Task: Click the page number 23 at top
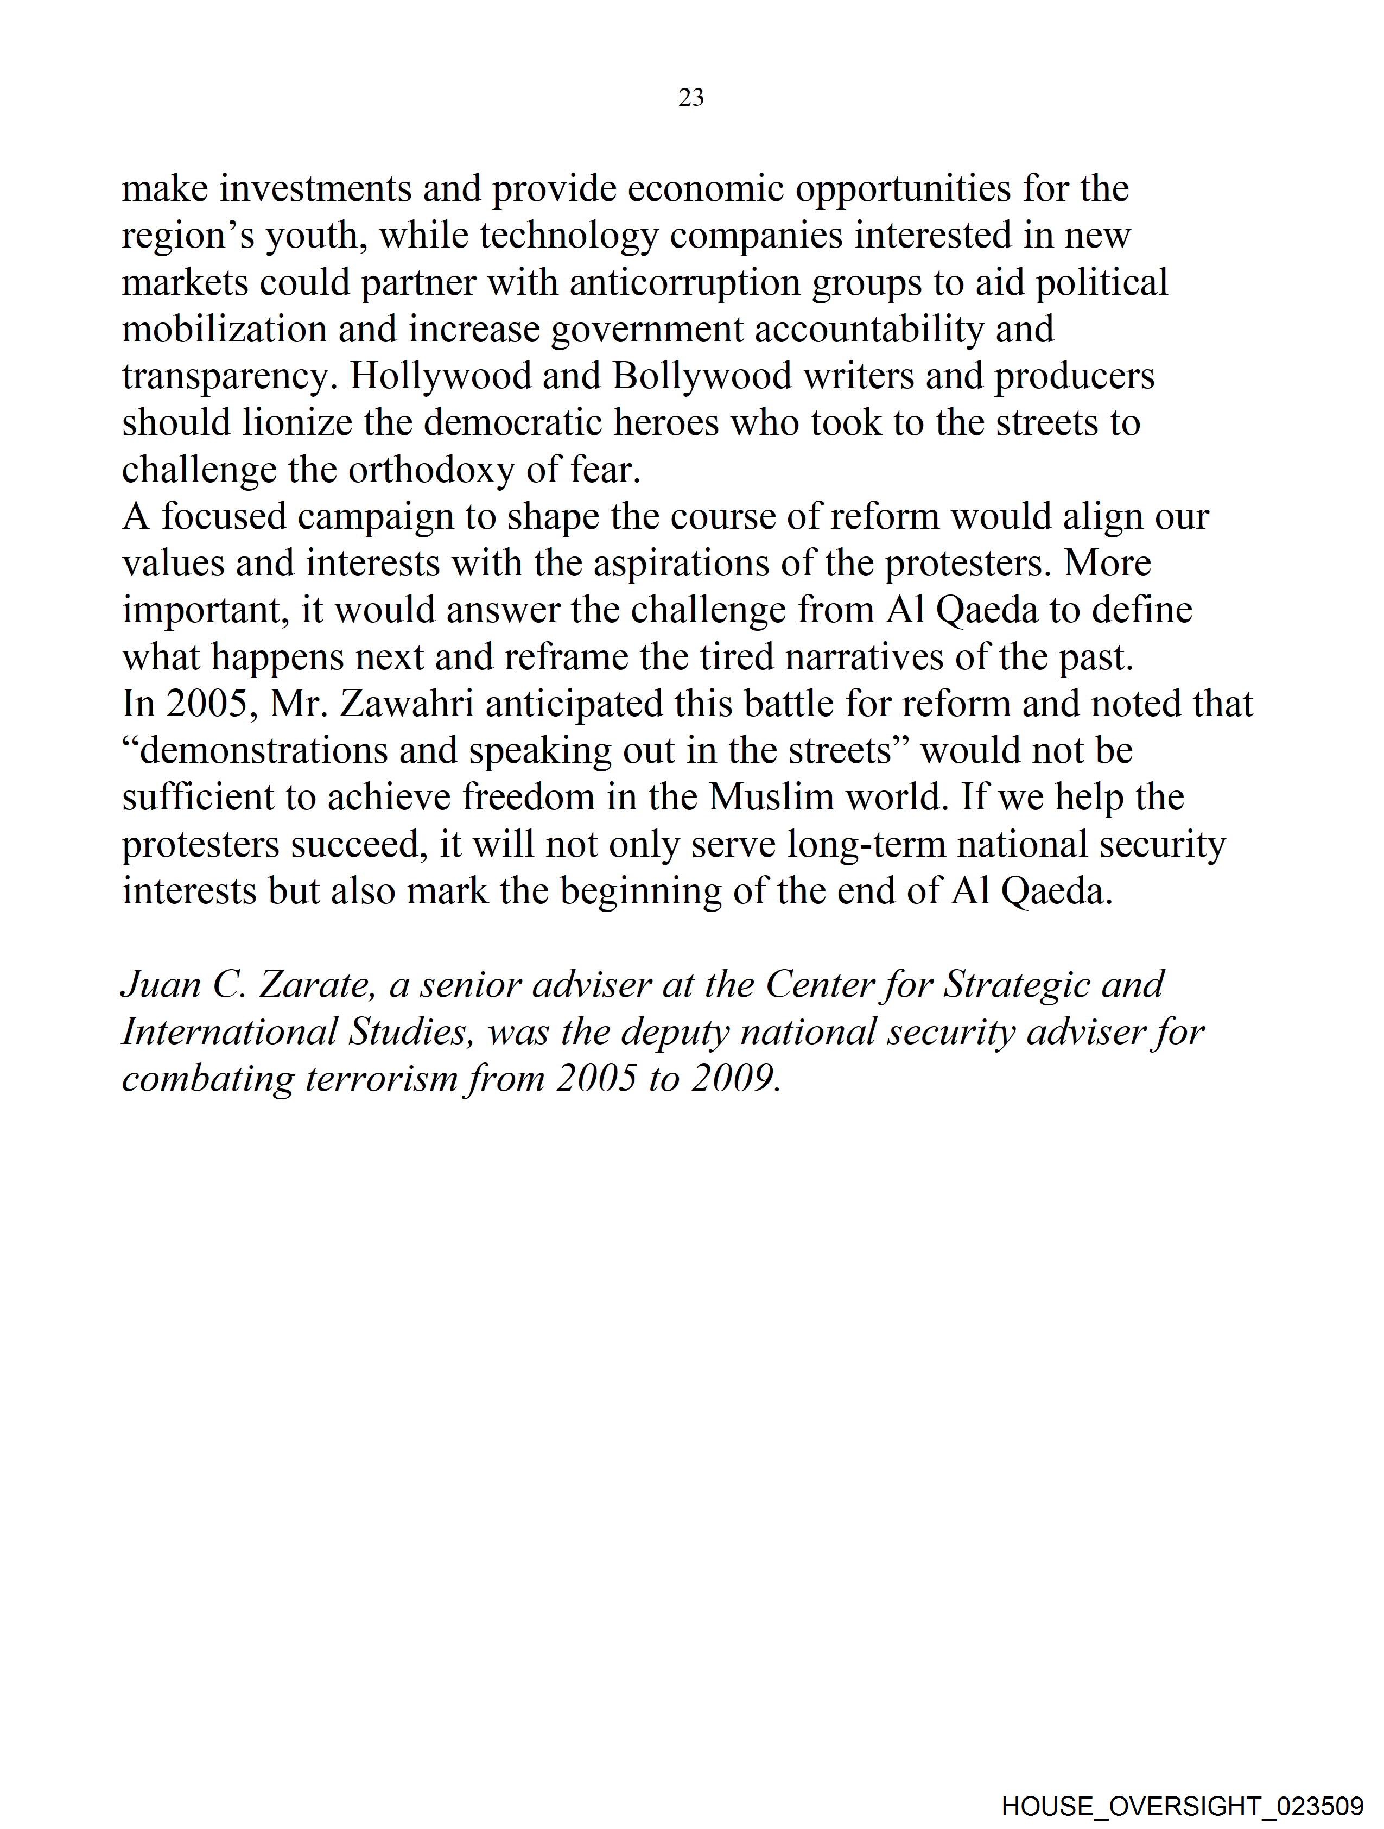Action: coord(691,98)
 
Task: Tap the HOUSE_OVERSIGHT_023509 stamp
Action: coord(1182,1806)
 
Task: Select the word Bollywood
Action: coord(702,376)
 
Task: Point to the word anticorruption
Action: coord(684,283)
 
